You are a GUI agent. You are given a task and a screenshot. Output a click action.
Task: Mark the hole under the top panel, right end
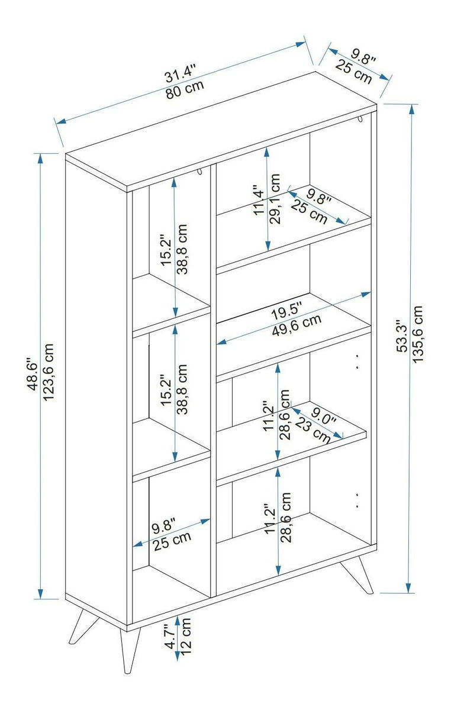(x=360, y=121)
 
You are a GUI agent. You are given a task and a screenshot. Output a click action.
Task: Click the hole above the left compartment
(x=199, y=172)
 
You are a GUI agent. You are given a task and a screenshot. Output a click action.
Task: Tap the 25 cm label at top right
(x=353, y=71)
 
